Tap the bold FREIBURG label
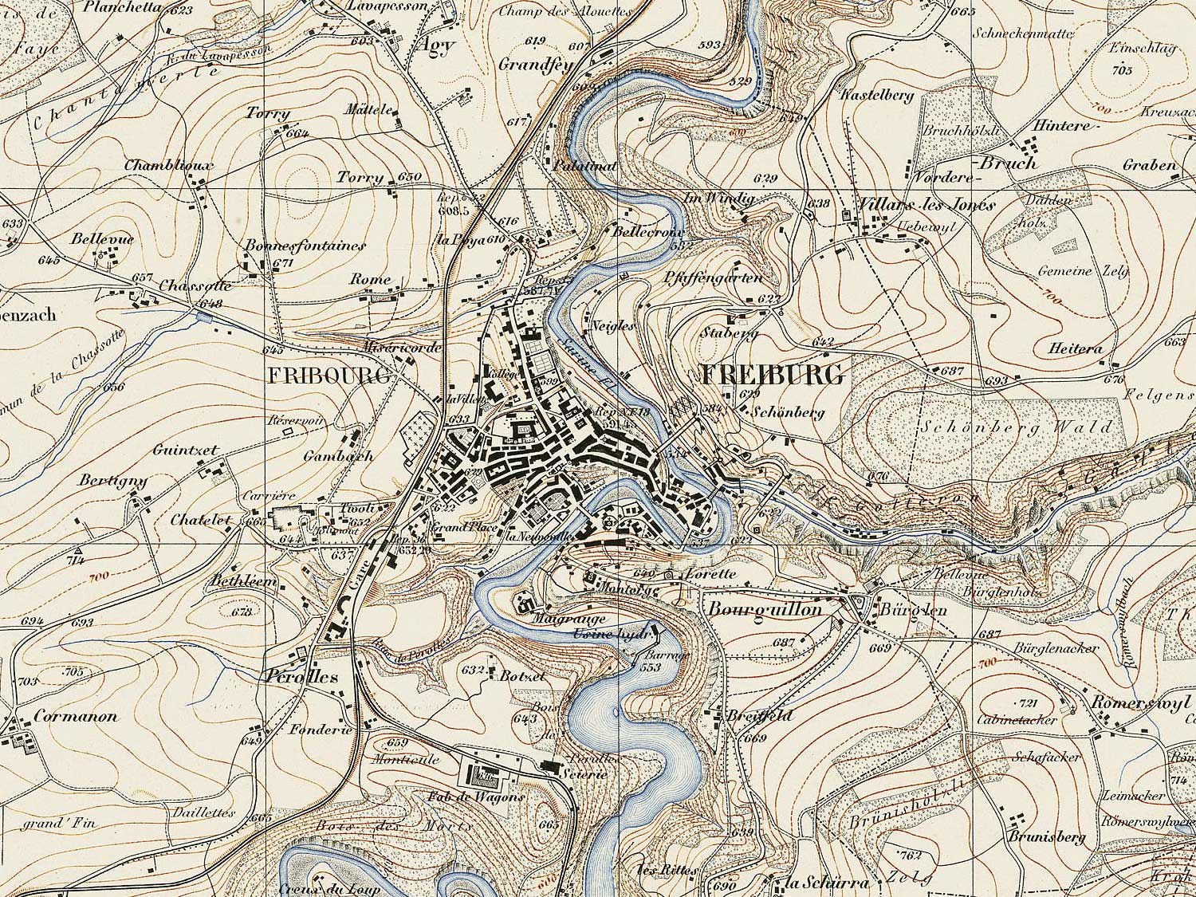pos(772,375)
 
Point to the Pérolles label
pos(300,676)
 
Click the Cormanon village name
pos(76,716)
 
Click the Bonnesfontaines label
pos(306,246)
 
